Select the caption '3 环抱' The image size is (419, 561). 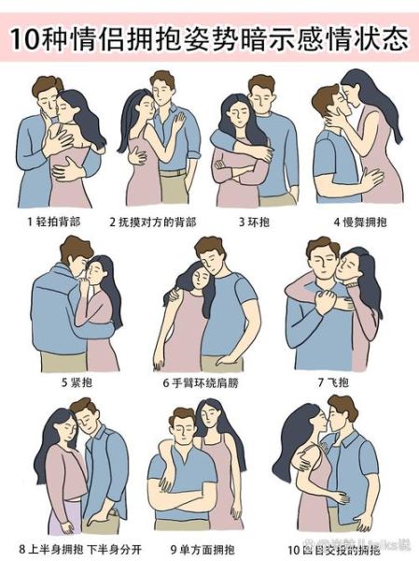[255, 222]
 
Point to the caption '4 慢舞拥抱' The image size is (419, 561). [358, 222]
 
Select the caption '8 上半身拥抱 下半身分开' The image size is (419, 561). [76, 546]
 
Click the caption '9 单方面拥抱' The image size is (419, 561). [202, 546]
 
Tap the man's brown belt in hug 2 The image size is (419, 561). [174, 172]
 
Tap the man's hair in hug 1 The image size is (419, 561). [45, 86]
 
